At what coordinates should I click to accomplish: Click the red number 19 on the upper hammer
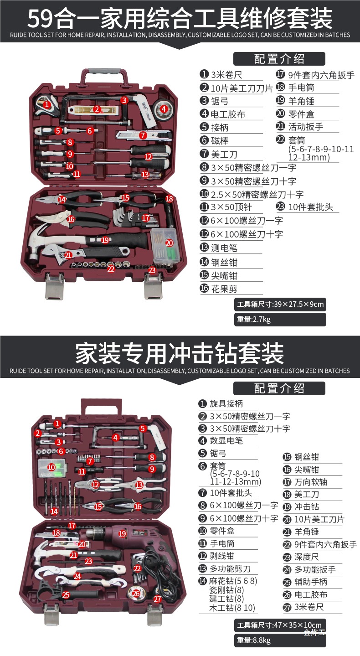[105, 240]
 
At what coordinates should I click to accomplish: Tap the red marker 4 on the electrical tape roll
[164, 109]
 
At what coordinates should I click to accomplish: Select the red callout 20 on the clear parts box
[169, 243]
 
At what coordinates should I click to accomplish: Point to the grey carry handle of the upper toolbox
[104, 72]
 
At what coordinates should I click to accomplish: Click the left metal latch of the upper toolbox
[54, 286]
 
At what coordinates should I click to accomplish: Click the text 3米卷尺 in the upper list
[226, 75]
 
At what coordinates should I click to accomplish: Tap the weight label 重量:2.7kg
[253, 319]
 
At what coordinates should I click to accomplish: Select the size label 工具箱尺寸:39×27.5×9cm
[280, 304]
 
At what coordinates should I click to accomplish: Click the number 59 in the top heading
[41, 18]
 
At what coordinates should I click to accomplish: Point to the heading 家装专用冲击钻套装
[180, 353]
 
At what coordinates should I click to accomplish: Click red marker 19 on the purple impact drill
[122, 533]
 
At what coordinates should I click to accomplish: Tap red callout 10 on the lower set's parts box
[51, 467]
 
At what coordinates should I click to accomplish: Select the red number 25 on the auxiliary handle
[66, 595]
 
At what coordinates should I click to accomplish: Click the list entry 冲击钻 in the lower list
[306, 506]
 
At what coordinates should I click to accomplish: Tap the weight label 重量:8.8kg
[253, 640]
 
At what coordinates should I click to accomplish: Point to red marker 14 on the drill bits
[54, 511]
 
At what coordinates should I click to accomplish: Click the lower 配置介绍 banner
[279, 388]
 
